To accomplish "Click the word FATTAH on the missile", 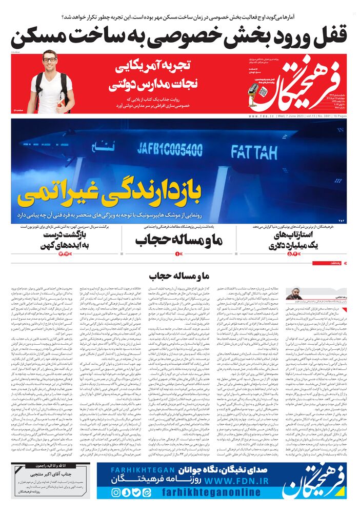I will click(x=254, y=151).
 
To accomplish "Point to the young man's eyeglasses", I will click(x=50, y=60).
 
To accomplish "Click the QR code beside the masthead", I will click(x=263, y=91).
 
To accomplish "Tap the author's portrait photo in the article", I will click(x=294, y=294).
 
